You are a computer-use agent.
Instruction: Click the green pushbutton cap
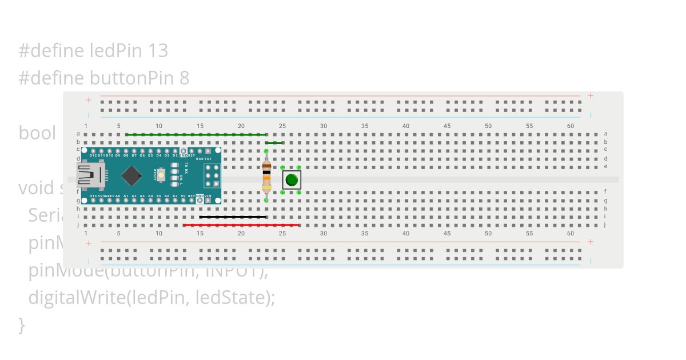click(x=292, y=180)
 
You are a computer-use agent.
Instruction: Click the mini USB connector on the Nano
click(x=90, y=175)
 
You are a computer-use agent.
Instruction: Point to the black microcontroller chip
click(x=131, y=175)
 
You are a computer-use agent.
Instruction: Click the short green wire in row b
click(x=274, y=143)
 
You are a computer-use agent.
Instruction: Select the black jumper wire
click(x=233, y=217)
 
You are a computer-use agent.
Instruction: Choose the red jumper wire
click(x=241, y=225)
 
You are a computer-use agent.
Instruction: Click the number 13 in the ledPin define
click(x=157, y=51)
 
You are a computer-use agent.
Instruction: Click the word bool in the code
click(x=37, y=133)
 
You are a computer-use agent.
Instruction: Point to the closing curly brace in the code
click(x=22, y=325)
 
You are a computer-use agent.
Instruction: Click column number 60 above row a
click(x=571, y=126)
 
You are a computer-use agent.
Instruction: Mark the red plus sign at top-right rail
click(x=591, y=96)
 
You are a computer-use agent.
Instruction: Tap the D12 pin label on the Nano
click(x=93, y=155)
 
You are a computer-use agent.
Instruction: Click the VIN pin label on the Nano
click(x=208, y=196)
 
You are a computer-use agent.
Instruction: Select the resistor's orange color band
click(x=266, y=178)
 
